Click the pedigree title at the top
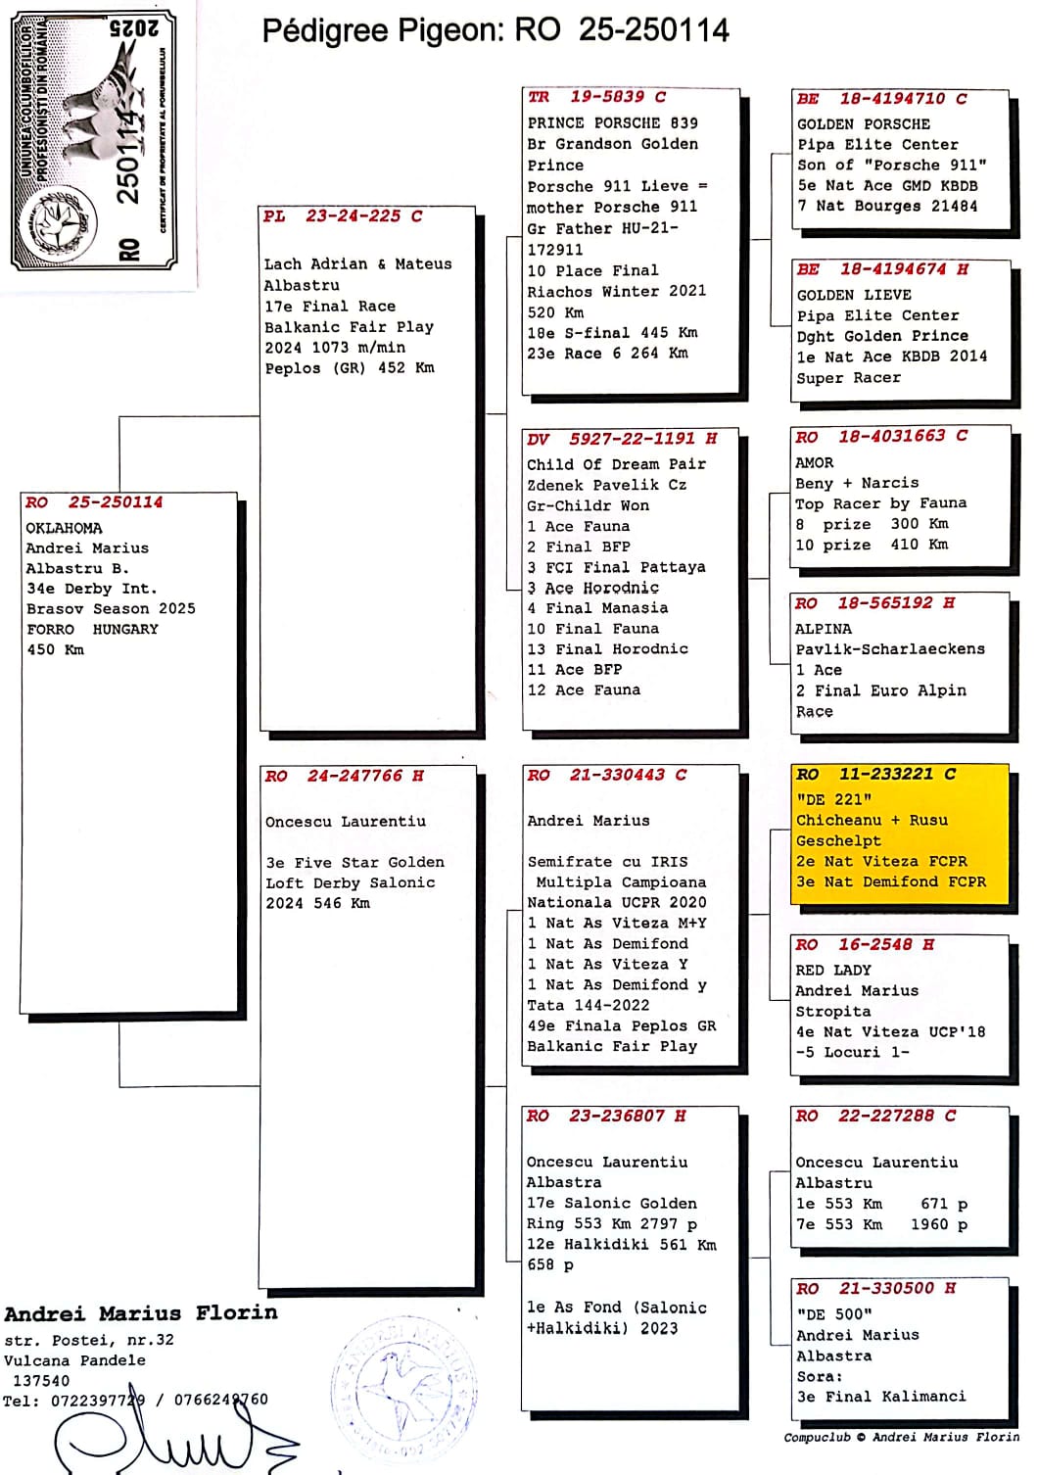(x=495, y=30)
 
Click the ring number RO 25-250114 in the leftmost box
(x=95, y=502)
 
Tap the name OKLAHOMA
(x=64, y=528)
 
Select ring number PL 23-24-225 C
(x=343, y=216)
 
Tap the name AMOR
(x=815, y=462)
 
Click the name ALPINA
(x=823, y=629)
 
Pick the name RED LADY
(x=832, y=970)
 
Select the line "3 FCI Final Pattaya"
(x=616, y=567)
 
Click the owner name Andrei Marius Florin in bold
(x=141, y=1313)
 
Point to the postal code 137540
(x=41, y=1380)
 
